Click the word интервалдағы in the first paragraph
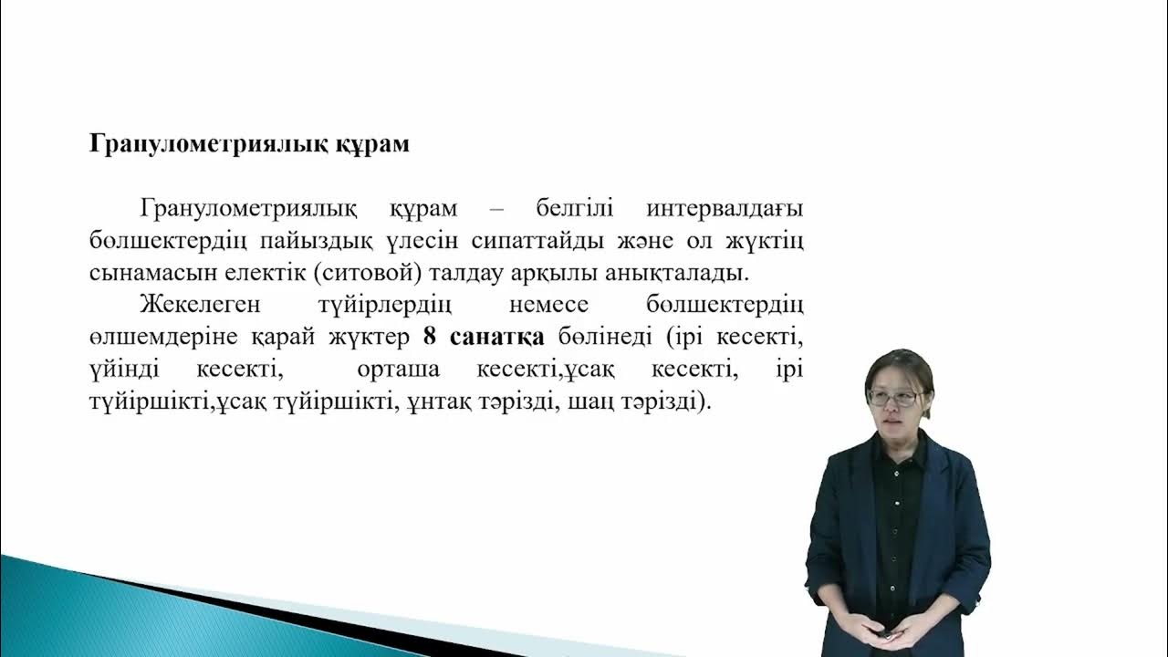click(725, 209)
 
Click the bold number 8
click(430, 337)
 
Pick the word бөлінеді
click(604, 337)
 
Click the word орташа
click(399, 370)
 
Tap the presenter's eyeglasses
click(896, 398)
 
